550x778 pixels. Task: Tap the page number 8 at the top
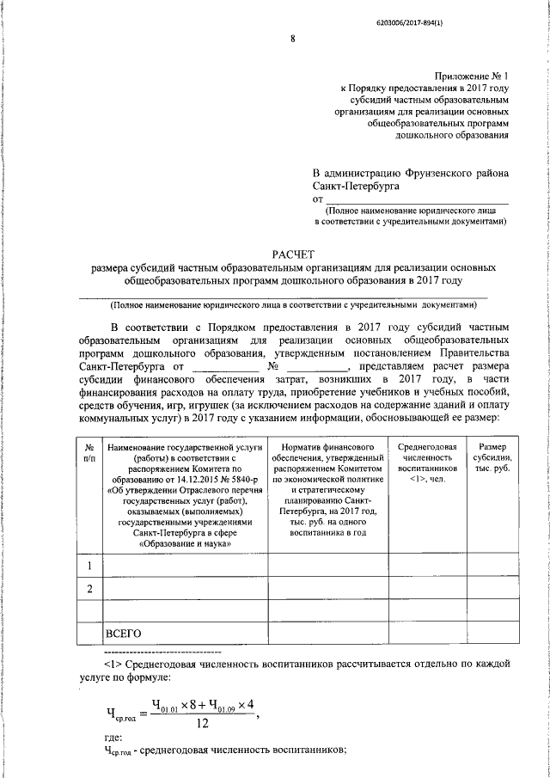(x=292, y=39)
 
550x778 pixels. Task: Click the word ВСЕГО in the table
(x=123, y=634)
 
